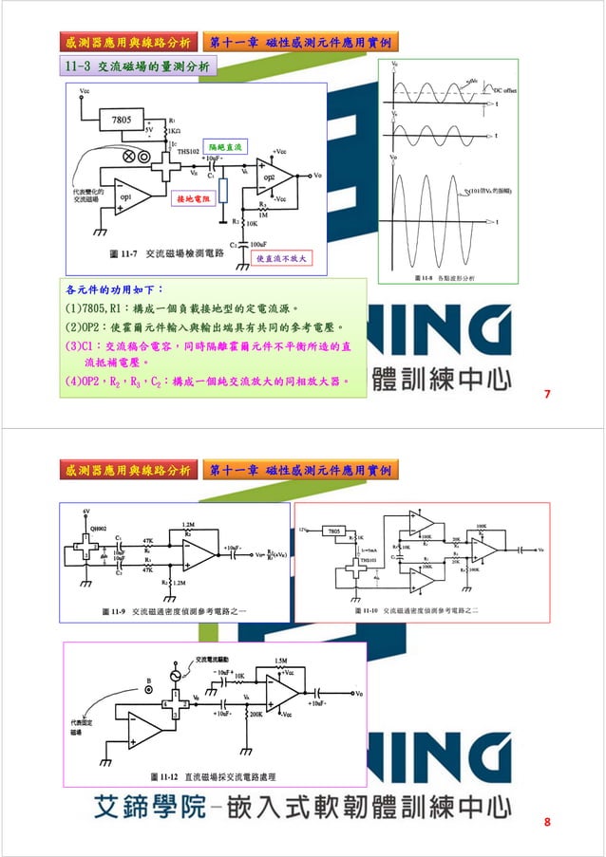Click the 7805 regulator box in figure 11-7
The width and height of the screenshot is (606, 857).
[x=123, y=121]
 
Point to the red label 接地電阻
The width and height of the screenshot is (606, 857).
[x=195, y=200]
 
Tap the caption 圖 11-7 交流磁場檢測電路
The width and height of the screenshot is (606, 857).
[x=166, y=254]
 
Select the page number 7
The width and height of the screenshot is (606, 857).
[x=547, y=394]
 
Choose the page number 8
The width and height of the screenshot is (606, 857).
[x=547, y=821]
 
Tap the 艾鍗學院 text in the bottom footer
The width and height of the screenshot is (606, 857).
[x=149, y=808]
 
